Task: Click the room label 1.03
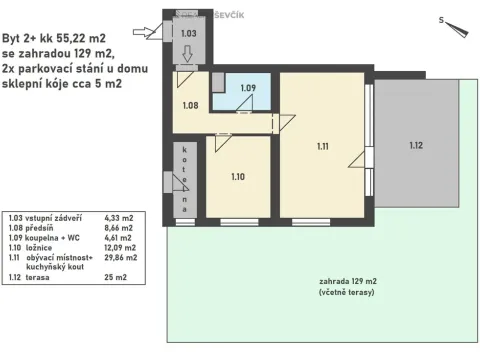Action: [x=189, y=33]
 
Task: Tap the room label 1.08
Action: [x=190, y=105]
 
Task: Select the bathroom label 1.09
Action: [x=248, y=88]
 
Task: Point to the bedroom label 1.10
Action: [x=238, y=177]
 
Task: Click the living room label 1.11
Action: [x=323, y=146]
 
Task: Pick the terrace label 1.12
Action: [x=416, y=145]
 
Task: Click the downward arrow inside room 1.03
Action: [x=188, y=54]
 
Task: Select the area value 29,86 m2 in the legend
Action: [x=121, y=257]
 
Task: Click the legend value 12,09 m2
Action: [x=120, y=248]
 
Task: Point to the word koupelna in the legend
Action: [x=37, y=238]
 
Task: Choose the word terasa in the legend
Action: [x=37, y=277]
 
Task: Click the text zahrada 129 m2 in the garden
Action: [x=348, y=281]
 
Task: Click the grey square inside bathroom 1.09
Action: [x=218, y=82]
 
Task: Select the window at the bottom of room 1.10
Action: [x=239, y=222]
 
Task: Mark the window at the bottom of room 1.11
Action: [x=311, y=222]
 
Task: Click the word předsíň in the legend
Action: [x=39, y=228]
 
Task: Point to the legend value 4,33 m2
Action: [x=119, y=218]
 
